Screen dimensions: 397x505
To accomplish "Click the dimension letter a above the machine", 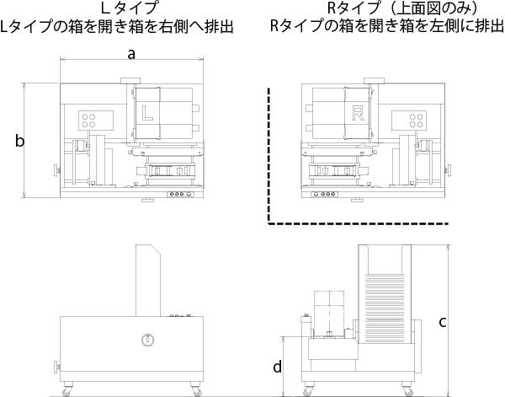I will tap(130, 55).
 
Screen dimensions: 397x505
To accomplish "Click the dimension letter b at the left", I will tap(19, 141).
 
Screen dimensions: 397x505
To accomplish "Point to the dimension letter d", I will tap(276, 366).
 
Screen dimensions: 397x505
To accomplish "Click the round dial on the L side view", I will tap(148, 341).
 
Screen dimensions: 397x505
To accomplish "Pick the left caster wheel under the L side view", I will tap(66, 389).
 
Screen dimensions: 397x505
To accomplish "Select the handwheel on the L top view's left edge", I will tap(57, 171).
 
